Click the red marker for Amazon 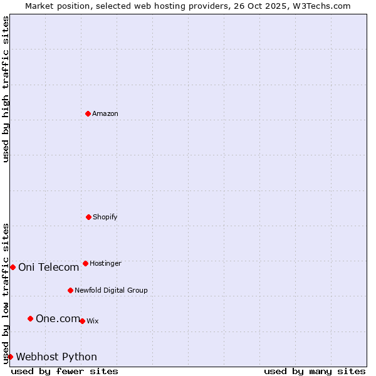(x=88, y=113)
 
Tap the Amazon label (x=105, y=114)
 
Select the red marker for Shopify (x=88, y=217)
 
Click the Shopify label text (x=105, y=217)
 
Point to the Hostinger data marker (x=85, y=263)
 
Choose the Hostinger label (x=105, y=264)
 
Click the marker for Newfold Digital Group (x=70, y=290)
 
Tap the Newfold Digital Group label (x=111, y=291)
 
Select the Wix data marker (x=82, y=321)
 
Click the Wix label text (x=93, y=321)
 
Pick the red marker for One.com (x=30, y=318)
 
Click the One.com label (x=58, y=319)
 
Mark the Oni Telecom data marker (x=13, y=267)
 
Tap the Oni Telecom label (x=48, y=268)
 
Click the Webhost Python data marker (x=10, y=357)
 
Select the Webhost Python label (x=56, y=357)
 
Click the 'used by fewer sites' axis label (x=65, y=371)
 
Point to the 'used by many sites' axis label (x=315, y=371)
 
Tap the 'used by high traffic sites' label (x=6, y=89)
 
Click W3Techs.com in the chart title (x=320, y=6)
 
